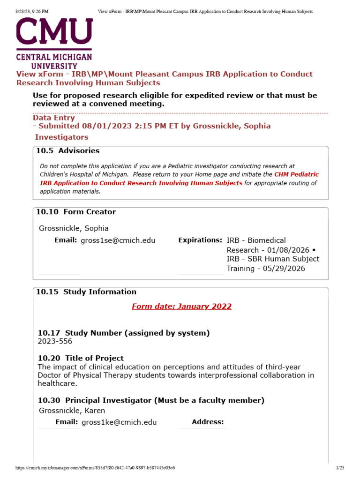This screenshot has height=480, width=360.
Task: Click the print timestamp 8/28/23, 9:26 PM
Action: click(28, 11)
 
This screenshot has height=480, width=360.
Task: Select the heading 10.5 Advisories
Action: click(67, 151)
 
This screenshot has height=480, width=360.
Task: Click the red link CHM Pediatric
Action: click(296, 174)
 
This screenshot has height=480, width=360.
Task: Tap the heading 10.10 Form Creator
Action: click(75, 212)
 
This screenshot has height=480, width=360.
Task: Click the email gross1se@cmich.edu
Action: click(118, 240)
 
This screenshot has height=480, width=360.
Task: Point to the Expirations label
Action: click(200, 240)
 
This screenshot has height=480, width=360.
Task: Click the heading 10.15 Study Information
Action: click(86, 292)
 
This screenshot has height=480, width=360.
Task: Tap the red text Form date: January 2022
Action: click(181, 307)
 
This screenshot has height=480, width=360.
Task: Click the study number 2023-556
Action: click(55, 341)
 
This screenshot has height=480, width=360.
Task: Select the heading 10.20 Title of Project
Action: click(81, 358)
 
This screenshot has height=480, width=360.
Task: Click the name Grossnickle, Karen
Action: click(72, 411)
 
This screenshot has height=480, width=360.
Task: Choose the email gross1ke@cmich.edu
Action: click(119, 422)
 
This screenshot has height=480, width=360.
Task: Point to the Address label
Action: click(208, 422)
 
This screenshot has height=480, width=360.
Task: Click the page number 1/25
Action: click(340, 468)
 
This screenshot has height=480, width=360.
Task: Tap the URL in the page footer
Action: click(95, 468)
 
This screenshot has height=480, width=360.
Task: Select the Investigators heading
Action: click(61, 137)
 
